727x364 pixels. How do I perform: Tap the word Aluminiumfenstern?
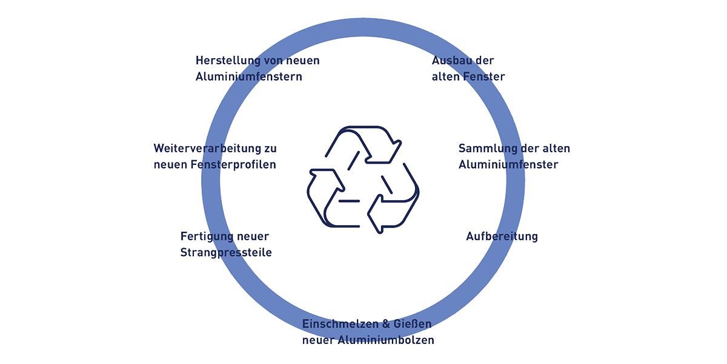(x=248, y=77)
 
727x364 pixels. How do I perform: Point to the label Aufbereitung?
(x=502, y=237)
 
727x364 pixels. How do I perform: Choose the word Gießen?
(x=412, y=324)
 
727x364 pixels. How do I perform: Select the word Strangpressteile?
(x=226, y=252)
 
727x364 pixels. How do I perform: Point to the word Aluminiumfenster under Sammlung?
(x=508, y=164)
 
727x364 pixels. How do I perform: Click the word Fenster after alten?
(x=484, y=77)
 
